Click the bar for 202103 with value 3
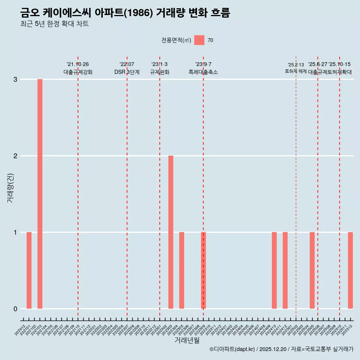click(40, 194)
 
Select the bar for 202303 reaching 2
click(171, 232)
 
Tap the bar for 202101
click(29, 270)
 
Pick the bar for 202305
click(181, 270)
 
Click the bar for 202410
click(274, 270)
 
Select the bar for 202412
click(285, 270)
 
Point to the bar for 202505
click(312, 270)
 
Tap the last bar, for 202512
click(350, 270)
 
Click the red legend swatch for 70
click(199, 40)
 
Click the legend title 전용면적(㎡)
click(176, 40)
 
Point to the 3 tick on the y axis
click(15, 79)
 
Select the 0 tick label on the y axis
click(15, 309)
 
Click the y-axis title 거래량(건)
click(10, 187)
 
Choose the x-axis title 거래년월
click(187, 340)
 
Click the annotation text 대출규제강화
click(78, 72)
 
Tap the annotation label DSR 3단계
click(127, 72)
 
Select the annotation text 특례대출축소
click(203, 72)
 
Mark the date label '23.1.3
click(159, 64)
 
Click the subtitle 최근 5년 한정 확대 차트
click(54, 24)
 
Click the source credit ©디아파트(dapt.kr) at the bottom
click(232, 349)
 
